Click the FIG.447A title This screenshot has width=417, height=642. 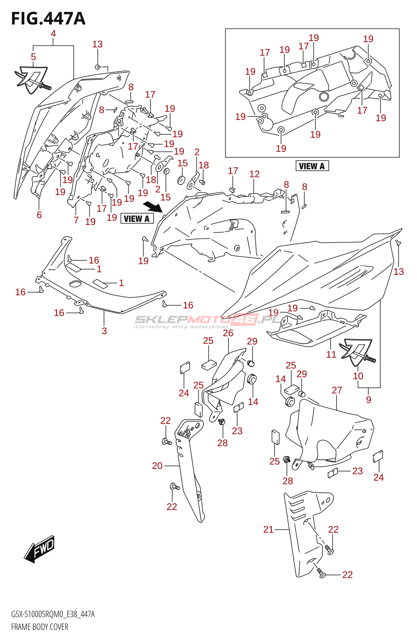click(x=48, y=18)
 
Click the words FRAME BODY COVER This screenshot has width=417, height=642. click(x=40, y=627)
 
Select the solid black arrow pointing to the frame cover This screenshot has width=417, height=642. click(x=153, y=207)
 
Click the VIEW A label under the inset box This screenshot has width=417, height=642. click(x=312, y=166)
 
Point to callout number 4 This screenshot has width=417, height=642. click(x=53, y=34)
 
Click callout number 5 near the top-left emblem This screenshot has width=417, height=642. click(x=33, y=57)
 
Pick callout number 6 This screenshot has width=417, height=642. click(x=39, y=215)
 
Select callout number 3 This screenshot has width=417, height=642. click(x=104, y=331)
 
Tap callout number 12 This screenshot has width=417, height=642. click(x=254, y=174)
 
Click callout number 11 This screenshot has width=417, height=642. click(x=331, y=354)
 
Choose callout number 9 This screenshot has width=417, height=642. click(x=368, y=400)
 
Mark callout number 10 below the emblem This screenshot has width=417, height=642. click(x=358, y=376)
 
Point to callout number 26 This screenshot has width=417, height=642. click(x=228, y=333)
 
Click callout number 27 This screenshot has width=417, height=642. click(x=337, y=390)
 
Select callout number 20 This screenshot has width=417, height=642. click(x=157, y=466)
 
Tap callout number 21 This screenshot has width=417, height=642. click(x=268, y=530)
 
